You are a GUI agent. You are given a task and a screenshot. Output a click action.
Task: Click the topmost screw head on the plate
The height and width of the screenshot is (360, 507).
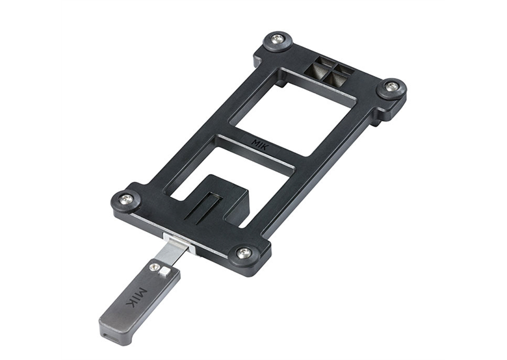tap(278, 40)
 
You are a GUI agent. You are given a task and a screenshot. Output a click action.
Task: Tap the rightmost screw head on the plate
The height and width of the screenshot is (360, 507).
tap(392, 86)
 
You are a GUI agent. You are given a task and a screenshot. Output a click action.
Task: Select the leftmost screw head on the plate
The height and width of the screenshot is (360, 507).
tap(126, 199)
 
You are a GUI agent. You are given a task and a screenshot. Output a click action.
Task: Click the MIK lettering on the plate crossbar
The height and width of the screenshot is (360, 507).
tap(260, 144)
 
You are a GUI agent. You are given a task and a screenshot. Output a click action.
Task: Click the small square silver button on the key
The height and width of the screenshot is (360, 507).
tap(166, 271)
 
